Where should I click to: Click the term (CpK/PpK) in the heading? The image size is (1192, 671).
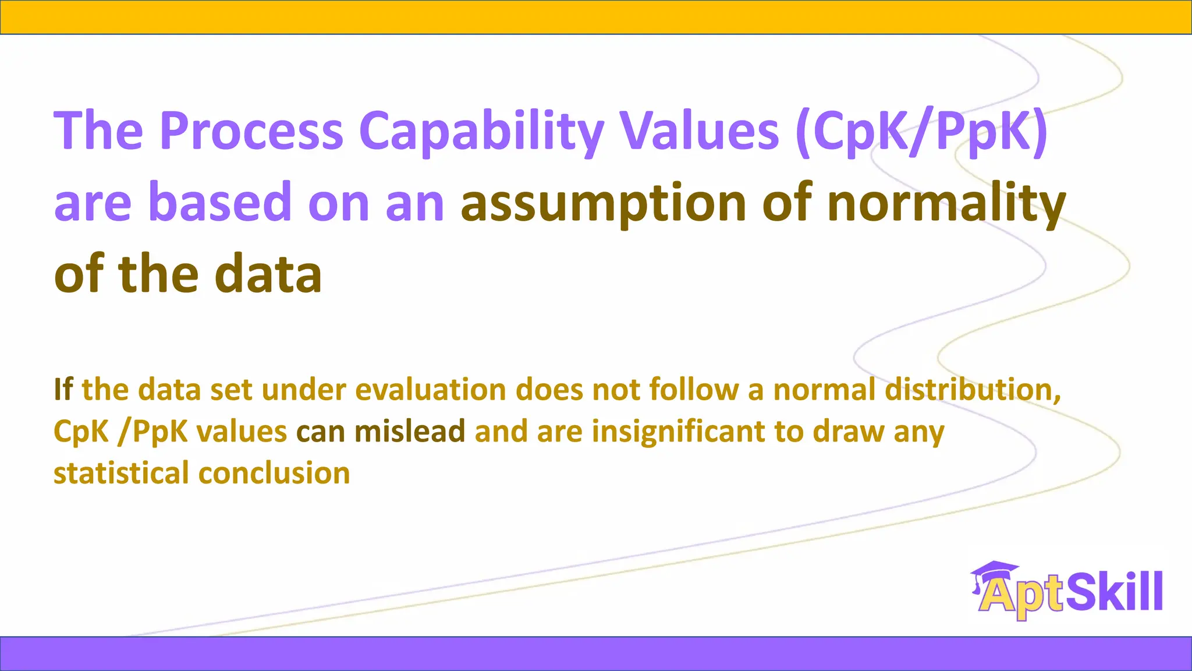[922, 132]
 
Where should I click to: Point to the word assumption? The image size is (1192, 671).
[604, 203]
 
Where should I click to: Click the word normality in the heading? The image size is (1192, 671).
[946, 203]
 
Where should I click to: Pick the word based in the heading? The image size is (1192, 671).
[219, 202]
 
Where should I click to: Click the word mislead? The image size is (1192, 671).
[410, 431]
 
